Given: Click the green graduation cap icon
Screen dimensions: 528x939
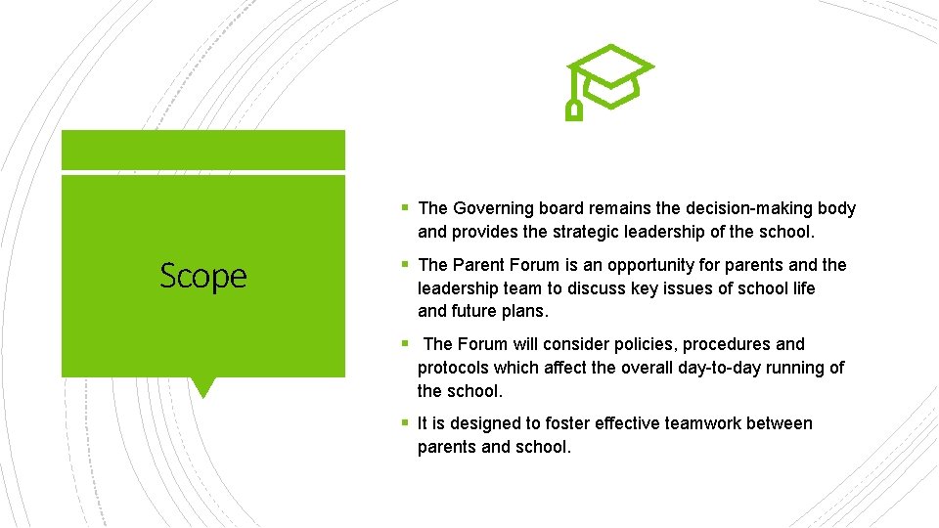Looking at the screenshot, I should click(608, 79).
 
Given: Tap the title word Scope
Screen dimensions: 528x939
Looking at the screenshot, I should click(203, 276).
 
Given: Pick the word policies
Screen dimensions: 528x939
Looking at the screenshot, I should click(637, 344).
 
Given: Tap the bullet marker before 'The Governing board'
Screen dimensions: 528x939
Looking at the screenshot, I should click(405, 208).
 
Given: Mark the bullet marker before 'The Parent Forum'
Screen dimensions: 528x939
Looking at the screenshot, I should click(405, 265).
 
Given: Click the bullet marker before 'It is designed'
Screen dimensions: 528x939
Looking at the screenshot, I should click(405, 423).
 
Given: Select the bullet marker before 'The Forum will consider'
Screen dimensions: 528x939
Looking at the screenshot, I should click(405, 344).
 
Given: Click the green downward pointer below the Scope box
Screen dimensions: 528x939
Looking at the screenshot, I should click(202, 387).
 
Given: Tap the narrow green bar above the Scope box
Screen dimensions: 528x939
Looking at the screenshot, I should click(203, 151).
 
